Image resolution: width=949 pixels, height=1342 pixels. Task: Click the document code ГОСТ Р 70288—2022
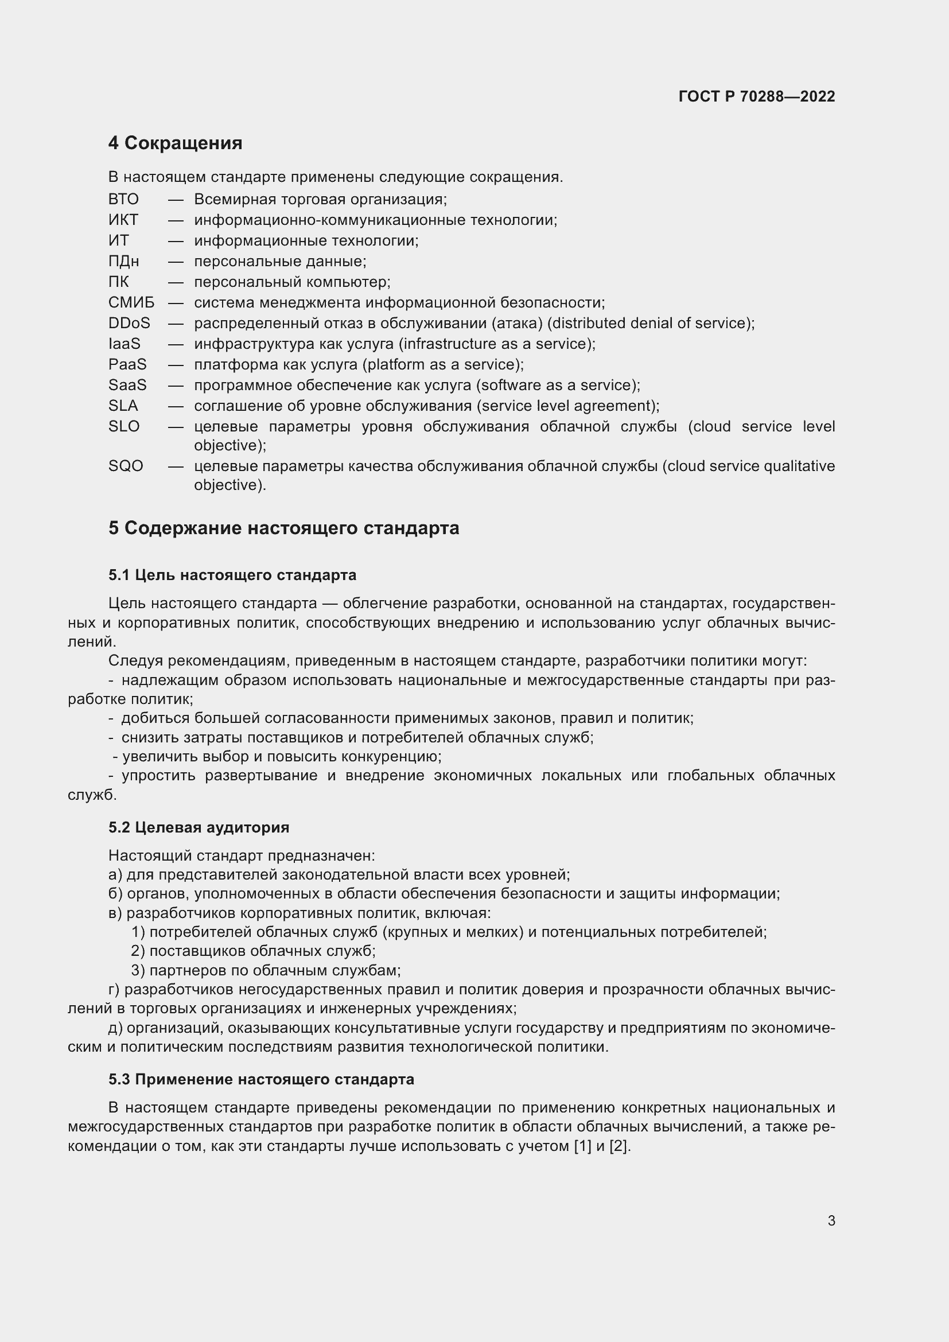tap(756, 96)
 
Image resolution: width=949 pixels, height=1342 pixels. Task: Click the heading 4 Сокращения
tap(175, 143)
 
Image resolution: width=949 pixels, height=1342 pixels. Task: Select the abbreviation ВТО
tap(123, 199)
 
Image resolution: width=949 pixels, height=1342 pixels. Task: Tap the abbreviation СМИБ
tap(131, 303)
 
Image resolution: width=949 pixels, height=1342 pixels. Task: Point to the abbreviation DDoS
tap(129, 323)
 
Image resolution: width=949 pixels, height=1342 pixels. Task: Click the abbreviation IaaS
tap(124, 344)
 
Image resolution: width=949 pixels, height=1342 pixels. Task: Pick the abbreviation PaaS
tap(127, 365)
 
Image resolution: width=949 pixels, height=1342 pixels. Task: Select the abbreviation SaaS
tap(127, 385)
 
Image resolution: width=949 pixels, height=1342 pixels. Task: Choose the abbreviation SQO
tap(126, 466)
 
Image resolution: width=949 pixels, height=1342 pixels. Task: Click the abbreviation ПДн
tap(123, 261)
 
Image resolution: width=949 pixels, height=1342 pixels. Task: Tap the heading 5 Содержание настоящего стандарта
tap(283, 528)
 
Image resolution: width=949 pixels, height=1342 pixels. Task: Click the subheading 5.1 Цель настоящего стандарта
tap(232, 575)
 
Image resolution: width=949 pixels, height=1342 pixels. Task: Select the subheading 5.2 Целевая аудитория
tap(199, 827)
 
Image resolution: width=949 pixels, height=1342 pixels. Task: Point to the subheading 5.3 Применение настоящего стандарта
tap(260, 1079)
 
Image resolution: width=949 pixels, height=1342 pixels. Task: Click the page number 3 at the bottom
tap(831, 1220)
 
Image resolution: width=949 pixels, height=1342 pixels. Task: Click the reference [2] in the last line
tap(619, 1146)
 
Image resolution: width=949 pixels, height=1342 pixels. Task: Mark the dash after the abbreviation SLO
tap(176, 427)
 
